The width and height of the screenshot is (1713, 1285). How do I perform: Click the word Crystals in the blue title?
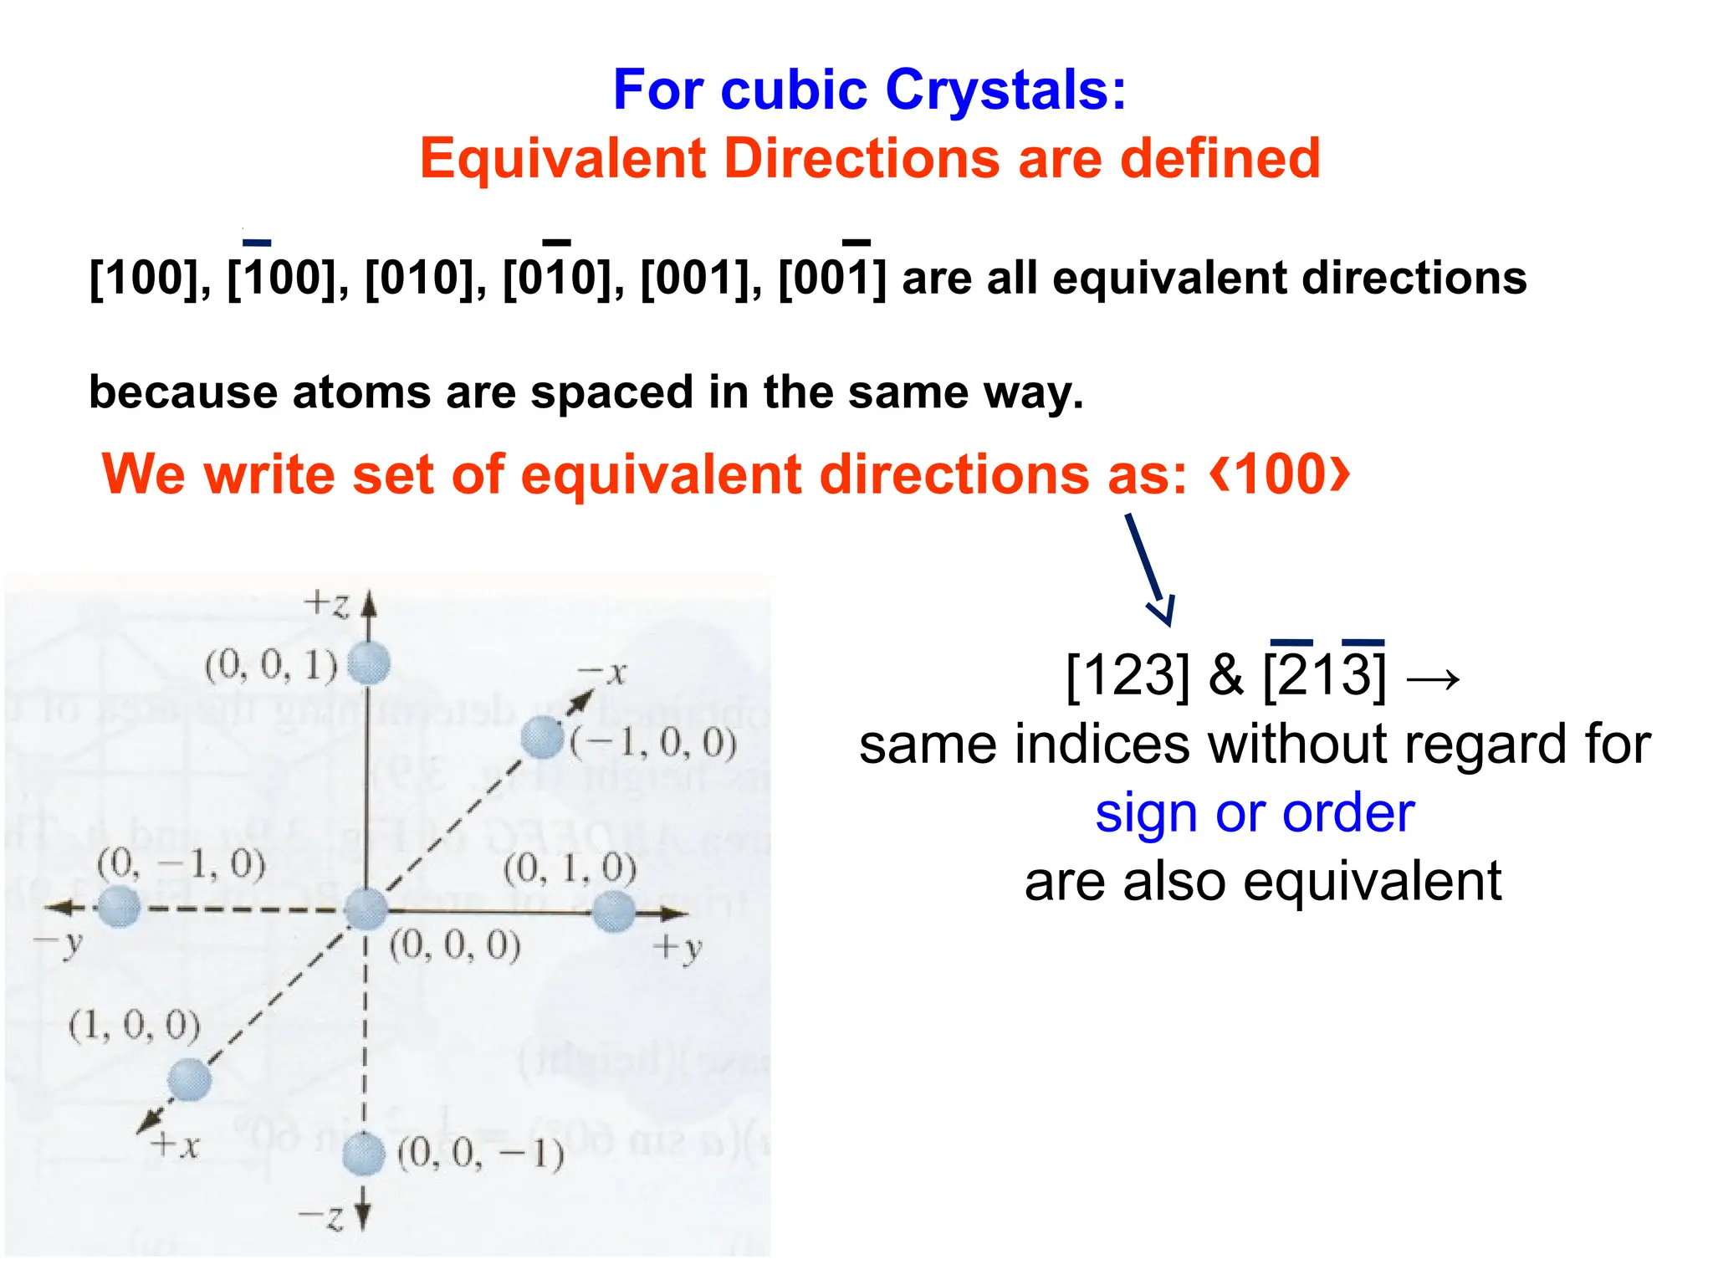(1005, 90)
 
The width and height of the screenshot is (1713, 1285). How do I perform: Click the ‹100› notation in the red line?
(1280, 474)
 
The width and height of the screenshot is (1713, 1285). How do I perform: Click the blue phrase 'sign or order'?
(1255, 813)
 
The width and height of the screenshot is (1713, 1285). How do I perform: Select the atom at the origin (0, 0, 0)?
(366, 909)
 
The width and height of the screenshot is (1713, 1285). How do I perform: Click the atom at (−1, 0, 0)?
(542, 738)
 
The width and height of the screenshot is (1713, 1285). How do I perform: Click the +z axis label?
(326, 603)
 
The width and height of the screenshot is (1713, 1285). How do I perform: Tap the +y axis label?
(678, 948)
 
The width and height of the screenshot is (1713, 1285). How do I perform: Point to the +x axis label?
(176, 1145)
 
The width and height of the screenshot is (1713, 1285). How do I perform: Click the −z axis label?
(322, 1217)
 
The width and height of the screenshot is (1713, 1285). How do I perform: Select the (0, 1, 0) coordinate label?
(570, 868)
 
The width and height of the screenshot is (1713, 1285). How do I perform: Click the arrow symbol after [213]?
(1433, 678)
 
